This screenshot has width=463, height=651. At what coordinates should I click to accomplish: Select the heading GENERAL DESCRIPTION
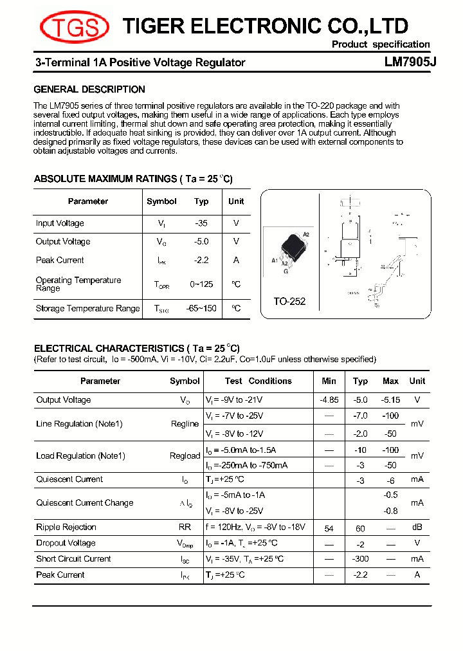pyautogui.click(x=89, y=89)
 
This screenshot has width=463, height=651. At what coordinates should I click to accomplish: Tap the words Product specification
pyautogui.click(x=380, y=44)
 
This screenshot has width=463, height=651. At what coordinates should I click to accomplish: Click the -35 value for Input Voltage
pyautogui.click(x=201, y=223)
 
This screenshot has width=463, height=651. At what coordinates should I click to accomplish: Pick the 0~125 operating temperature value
pyautogui.click(x=201, y=284)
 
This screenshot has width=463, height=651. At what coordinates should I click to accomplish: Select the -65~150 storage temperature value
pyautogui.click(x=201, y=308)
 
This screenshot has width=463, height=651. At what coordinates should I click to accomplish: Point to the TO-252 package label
pyautogui.click(x=289, y=301)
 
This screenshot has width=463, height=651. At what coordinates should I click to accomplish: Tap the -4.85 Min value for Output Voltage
pyautogui.click(x=329, y=399)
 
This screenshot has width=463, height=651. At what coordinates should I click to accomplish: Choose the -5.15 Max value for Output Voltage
pyautogui.click(x=390, y=399)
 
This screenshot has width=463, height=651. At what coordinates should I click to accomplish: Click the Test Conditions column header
pyautogui.click(x=258, y=381)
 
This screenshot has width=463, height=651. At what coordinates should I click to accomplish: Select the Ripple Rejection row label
pyautogui.click(x=66, y=527)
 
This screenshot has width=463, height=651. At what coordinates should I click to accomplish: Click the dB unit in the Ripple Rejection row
pyautogui.click(x=417, y=527)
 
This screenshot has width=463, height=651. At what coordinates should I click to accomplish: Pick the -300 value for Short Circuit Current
pyautogui.click(x=360, y=559)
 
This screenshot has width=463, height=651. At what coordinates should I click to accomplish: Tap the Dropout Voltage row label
pyautogui.click(x=66, y=543)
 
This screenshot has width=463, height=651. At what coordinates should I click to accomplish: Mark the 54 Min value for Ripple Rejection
pyautogui.click(x=329, y=528)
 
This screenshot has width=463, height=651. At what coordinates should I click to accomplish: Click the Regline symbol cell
pyautogui.click(x=185, y=424)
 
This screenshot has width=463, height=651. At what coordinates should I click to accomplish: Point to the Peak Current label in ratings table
pyautogui.click(x=60, y=260)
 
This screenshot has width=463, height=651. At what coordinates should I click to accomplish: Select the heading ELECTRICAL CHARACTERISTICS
pyautogui.click(x=136, y=348)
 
